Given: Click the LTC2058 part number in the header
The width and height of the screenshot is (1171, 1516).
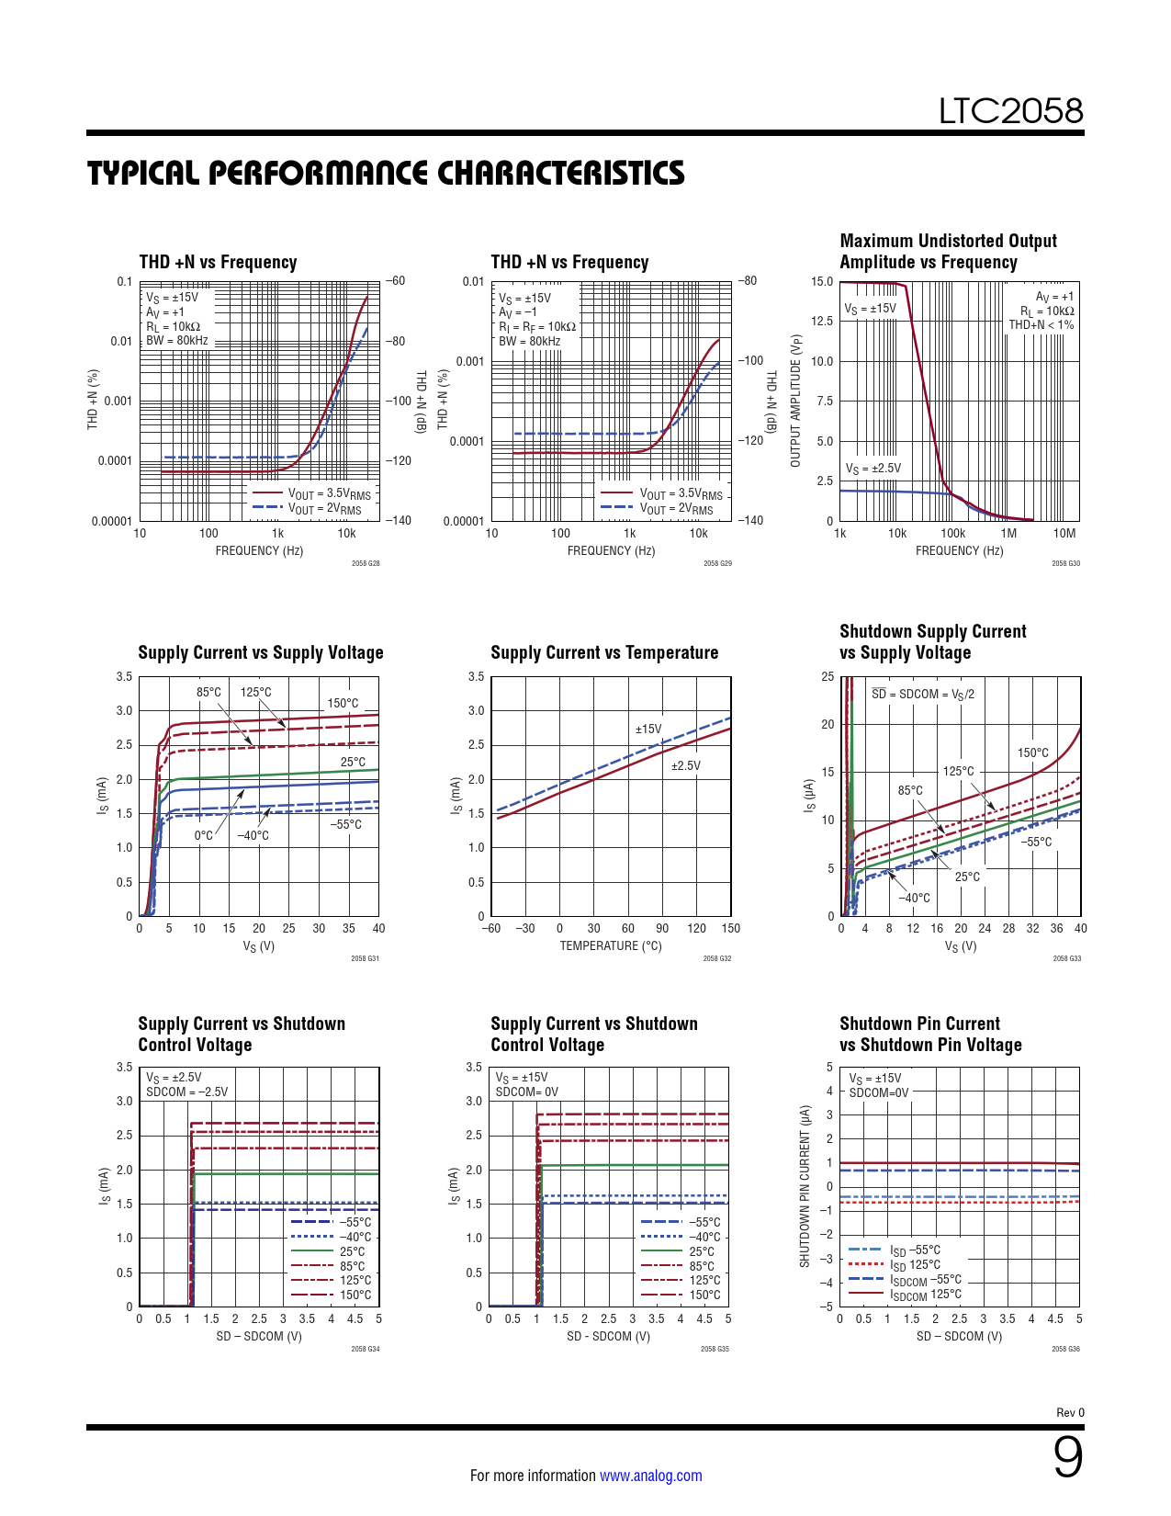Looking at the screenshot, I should tap(1010, 111).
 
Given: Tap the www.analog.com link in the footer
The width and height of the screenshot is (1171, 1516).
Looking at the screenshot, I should tap(650, 1476).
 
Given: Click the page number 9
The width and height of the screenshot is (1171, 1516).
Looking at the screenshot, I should tap(1067, 1457).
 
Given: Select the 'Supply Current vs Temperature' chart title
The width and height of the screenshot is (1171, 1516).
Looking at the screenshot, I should tap(604, 653).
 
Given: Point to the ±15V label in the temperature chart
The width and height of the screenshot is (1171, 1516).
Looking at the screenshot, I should tap(648, 730).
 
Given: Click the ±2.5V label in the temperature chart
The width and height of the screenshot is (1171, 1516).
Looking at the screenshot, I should tap(685, 766).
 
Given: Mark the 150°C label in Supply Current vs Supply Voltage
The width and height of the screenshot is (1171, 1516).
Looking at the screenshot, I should tap(343, 704).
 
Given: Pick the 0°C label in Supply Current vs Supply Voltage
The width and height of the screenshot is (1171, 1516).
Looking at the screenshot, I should tap(203, 836).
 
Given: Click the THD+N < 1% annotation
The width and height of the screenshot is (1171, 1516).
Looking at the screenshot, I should tap(1041, 325).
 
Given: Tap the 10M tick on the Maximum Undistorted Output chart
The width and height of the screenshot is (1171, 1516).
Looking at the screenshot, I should tap(1064, 534).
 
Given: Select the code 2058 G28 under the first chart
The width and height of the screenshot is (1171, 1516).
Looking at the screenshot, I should tap(366, 563).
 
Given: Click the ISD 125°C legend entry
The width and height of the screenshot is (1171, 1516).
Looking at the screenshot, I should tap(915, 1265).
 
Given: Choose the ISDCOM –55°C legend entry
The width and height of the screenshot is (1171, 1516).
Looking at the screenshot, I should tap(926, 1280).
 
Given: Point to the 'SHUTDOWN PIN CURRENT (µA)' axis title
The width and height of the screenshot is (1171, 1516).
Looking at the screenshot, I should tap(805, 1186).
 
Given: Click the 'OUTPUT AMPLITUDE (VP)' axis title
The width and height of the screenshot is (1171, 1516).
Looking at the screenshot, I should tap(796, 401).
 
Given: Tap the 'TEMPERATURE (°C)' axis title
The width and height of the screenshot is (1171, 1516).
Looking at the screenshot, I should tap(611, 946).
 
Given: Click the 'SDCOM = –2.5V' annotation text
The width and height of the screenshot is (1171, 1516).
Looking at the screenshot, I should tap(187, 1092).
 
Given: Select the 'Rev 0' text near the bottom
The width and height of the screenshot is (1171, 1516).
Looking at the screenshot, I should tap(1070, 1413).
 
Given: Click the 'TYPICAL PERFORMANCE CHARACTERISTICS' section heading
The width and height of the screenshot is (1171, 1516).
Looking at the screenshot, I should tap(386, 174).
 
